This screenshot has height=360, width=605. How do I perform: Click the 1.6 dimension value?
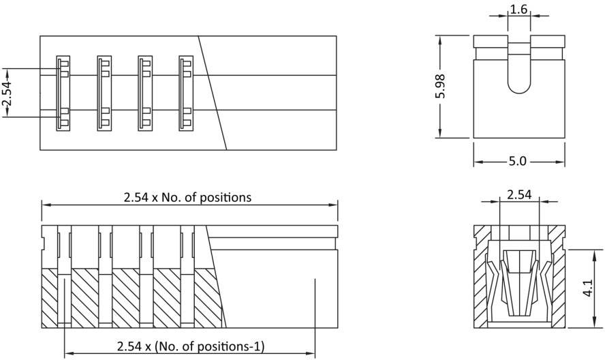coord(518,10)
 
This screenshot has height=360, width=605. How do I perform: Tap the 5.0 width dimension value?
coord(518,162)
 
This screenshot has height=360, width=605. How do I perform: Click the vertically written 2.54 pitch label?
coord(7,93)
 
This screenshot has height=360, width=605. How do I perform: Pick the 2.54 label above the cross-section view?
coord(519,195)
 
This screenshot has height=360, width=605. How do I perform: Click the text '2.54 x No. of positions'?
coord(187,198)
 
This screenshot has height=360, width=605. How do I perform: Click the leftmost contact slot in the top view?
coord(63,93)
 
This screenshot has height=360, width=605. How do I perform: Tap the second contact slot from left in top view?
coord(104,93)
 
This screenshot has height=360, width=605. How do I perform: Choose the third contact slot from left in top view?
coord(145,93)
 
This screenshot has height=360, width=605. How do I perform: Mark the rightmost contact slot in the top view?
coord(186,93)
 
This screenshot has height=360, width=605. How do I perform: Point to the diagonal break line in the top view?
coord(213,93)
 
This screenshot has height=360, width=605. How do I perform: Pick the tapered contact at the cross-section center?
coord(519,280)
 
